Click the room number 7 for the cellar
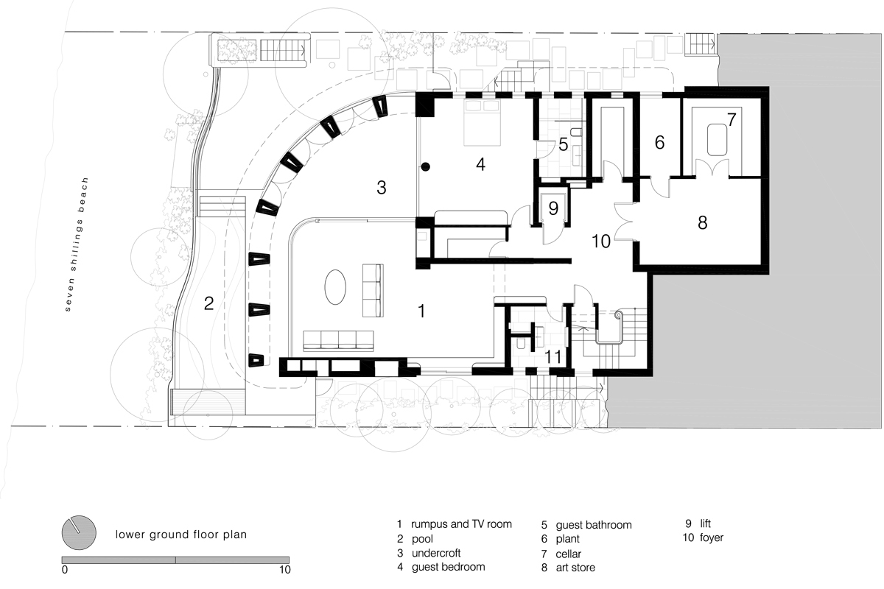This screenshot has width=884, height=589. coord(732,119)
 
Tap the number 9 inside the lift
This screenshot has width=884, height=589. coord(553,208)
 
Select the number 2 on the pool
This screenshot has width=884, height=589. coord(208,303)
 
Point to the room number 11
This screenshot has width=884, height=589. coord(553,357)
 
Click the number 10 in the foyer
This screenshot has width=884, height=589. coord(601,241)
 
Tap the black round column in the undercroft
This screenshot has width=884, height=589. coord(426,167)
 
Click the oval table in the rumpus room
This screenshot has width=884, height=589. coord(335,287)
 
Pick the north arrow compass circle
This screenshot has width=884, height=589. coord(79,532)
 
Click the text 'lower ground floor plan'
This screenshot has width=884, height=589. coord(181,535)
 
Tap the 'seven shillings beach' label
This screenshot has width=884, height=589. coord(76,244)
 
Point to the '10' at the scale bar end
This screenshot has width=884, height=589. coord(284,570)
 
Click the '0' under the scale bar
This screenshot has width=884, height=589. coord(65,570)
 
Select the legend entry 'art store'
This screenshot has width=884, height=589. coord(575,568)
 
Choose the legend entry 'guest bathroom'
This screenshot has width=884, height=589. coord(594,525)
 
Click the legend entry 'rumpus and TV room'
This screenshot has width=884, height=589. coord(461,524)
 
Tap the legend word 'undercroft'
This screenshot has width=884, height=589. coord(436,553)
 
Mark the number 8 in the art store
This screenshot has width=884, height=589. coord(703,223)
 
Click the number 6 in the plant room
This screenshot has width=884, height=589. coord(659,142)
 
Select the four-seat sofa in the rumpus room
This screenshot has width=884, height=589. coord(338,341)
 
